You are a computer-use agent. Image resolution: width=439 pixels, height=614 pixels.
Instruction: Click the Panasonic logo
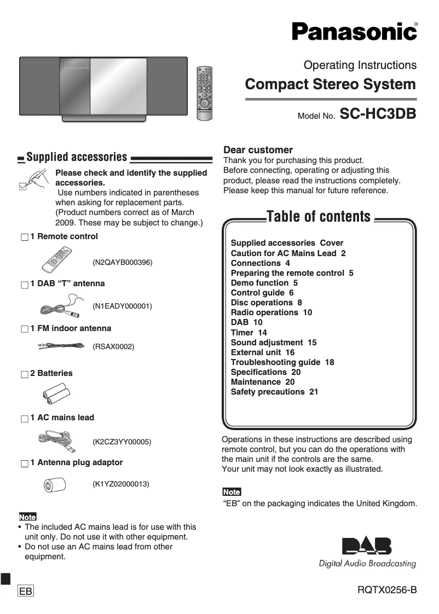pyautogui.click(x=354, y=31)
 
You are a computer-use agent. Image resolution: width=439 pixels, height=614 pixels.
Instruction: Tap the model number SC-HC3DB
pyautogui.click(x=378, y=114)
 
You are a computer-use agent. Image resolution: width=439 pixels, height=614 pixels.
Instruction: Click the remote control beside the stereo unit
pyautogui.click(x=204, y=94)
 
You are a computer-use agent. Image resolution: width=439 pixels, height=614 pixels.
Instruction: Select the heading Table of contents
pyautogui.click(x=318, y=217)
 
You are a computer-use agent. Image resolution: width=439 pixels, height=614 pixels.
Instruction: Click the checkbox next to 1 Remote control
pyautogui.click(x=24, y=238)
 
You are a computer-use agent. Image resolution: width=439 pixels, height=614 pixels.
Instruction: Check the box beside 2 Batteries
pyautogui.click(x=24, y=374)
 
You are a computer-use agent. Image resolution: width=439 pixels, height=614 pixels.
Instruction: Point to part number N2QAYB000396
pyautogui.click(x=122, y=263)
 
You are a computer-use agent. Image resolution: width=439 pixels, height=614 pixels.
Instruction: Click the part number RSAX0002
pyautogui.click(x=113, y=347)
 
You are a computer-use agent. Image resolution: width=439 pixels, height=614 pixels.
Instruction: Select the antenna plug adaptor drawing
pyautogui.click(x=55, y=484)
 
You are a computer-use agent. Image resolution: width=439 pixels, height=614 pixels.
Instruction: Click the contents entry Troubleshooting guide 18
pyautogui.click(x=282, y=362)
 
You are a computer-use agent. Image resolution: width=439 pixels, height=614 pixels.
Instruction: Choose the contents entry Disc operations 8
pyautogui.click(x=266, y=303)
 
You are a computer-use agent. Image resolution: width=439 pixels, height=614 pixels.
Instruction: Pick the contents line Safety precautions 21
pyautogui.click(x=274, y=392)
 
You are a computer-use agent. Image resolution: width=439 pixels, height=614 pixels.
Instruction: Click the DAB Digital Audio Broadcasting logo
pyautogui.click(x=367, y=552)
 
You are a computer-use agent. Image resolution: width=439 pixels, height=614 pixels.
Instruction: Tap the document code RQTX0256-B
pyautogui.click(x=387, y=590)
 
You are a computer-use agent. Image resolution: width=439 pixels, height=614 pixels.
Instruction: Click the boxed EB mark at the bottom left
pyautogui.click(x=26, y=592)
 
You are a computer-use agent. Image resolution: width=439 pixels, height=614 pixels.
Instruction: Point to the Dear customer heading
pyautogui.click(x=258, y=150)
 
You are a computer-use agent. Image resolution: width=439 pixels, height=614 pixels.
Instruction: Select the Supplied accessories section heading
pyautogui.click(x=77, y=158)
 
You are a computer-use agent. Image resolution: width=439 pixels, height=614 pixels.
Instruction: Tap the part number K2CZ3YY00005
pyautogui.click(x=122, y=442)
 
